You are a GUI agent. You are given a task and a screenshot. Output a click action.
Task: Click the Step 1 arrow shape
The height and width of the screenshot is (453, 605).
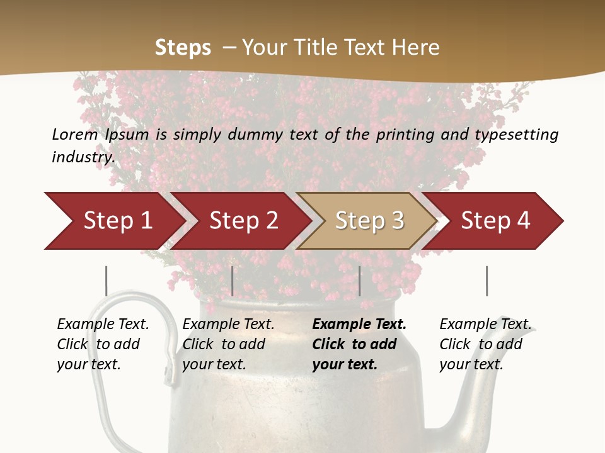coord(113,221)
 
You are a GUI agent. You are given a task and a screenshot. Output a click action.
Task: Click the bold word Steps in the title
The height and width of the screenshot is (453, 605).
coord(183,48)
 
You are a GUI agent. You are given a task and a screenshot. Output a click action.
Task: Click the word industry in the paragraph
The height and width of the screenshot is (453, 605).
coord(83,157)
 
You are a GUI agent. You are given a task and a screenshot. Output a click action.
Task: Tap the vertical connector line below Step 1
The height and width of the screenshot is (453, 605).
coord(107,281)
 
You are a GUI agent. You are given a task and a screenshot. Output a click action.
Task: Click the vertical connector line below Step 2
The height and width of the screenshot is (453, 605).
coord(233,281)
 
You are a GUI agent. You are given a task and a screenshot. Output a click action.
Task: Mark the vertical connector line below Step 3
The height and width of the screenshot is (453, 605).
coord(360,281)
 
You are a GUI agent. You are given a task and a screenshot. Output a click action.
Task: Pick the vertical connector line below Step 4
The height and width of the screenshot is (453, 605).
coord(487,281)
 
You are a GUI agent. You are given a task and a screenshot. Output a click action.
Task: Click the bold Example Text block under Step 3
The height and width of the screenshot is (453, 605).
coord(358,344)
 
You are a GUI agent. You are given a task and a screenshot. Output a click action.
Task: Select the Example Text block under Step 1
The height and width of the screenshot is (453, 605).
coord(103,344)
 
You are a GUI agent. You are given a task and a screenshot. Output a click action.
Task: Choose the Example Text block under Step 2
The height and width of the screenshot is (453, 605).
coord(228,344)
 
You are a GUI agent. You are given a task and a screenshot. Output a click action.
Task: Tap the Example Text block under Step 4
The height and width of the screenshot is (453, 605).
coord(484,344)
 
